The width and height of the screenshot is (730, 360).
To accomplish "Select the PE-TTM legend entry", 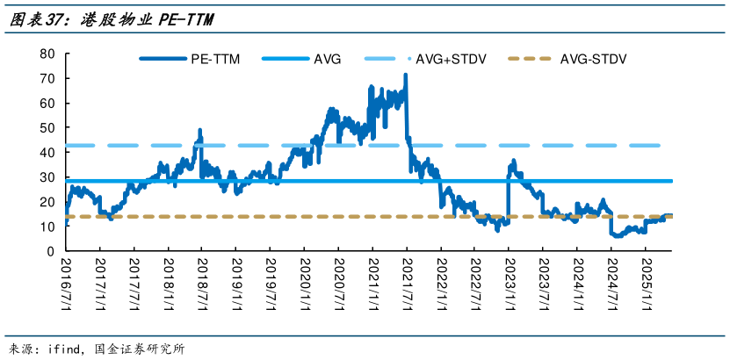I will click(x=214, y=60).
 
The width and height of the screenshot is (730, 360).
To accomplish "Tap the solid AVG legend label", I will click(x=327, y=60).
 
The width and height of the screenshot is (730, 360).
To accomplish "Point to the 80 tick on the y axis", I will click(x=47, y=54).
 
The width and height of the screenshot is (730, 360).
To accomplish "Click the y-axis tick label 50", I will click(x=47, y=128).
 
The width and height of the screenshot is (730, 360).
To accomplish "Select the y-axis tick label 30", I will click(x=47, y=177).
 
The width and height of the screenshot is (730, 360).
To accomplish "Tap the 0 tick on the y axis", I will click(x=51, y=252).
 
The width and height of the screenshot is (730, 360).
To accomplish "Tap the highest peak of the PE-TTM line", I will click(x=405, y=76).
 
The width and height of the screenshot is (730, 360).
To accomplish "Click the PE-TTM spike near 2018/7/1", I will click(x=200, y=131).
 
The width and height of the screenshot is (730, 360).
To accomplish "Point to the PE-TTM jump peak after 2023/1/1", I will click(x=513, y=161).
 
